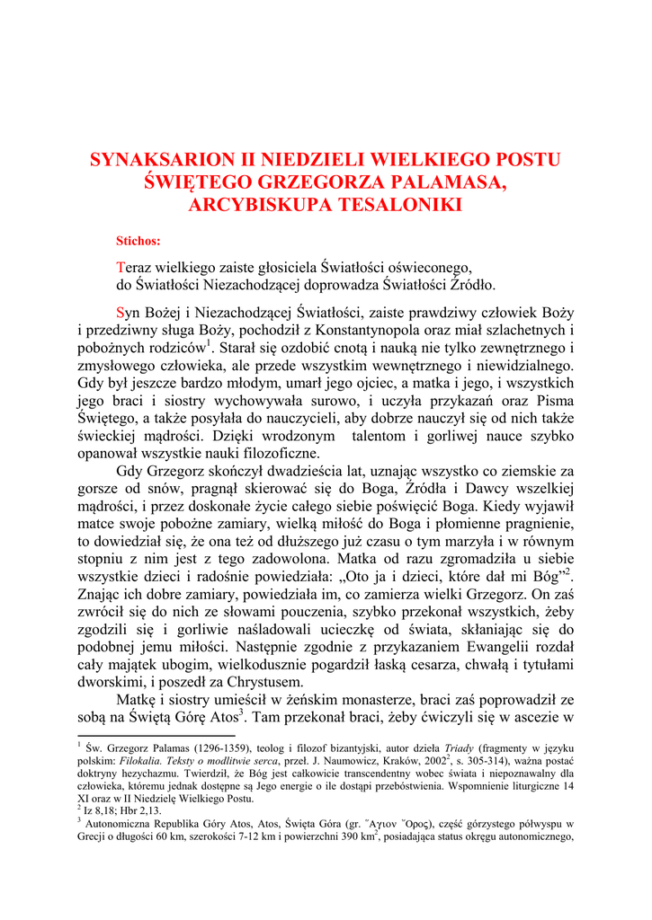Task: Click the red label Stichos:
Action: [x=138, y=241]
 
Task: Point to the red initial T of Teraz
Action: [x=121, y=268]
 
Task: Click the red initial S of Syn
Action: [x=121, y=313]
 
